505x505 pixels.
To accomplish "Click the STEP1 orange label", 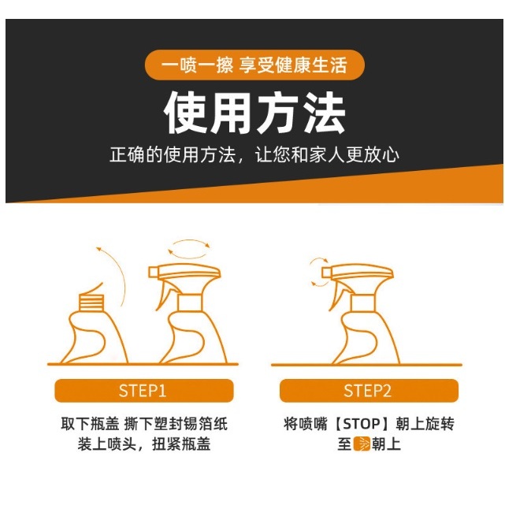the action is pyautogui.click(x=144, y=391).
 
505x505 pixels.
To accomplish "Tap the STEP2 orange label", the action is pyautogui.click(x=369, y=391).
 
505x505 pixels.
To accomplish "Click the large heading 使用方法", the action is pyautogui.click(x=254, y=113).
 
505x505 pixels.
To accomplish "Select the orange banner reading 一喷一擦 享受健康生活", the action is pyautogui.click(x=254, y=65).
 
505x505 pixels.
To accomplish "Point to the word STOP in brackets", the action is pyautogui.click(x=362, y=424).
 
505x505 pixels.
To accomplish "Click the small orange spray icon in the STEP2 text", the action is pyautogui.click(x=362, y=444).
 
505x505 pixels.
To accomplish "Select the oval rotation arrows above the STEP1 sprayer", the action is pyautogui.click(x=189, y=249).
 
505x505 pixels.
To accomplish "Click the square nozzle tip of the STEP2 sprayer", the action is pyautogui.click(x=327, y=273).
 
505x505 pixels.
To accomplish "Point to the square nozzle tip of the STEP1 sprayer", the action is pyautogui.click(x=154, y=273).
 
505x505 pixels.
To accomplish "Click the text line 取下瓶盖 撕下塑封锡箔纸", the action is pyautogui.click(x=144, y=424).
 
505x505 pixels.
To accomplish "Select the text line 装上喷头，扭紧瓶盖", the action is pyautogui.click(x=144, y=444).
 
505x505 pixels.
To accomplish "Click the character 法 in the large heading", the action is pyautogui.click(x=325, y=113).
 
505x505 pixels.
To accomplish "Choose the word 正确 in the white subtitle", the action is pyautogui.click(x=128, y=155).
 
